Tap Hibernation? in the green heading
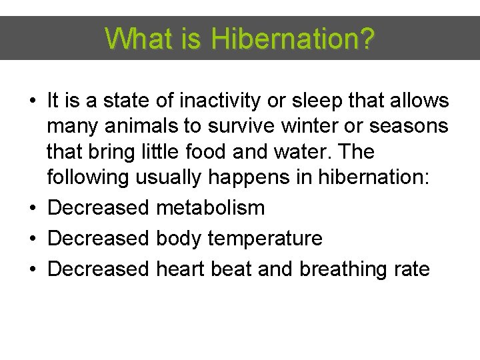point(293,39)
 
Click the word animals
point(142,127)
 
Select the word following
point(89,178)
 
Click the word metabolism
point(210,208)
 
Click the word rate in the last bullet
point(412,269)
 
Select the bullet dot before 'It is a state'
point(33,102)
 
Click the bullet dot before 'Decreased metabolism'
point(33,209)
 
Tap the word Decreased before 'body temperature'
point(99,239)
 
